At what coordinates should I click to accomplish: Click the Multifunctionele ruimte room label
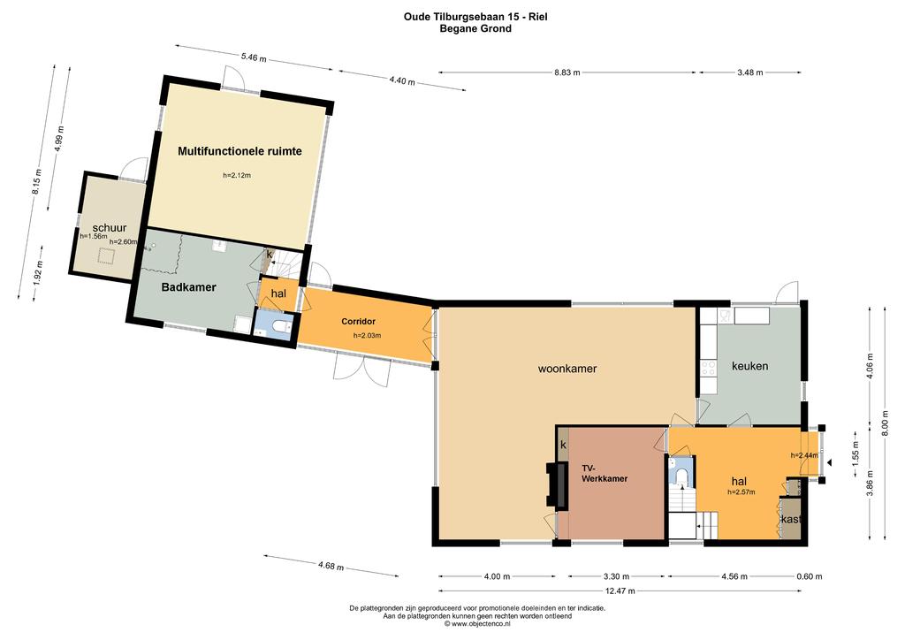coord(240,152)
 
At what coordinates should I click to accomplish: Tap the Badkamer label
coord(189,287)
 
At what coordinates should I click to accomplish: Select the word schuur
coord(109,228)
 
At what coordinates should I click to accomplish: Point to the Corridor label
coord(359,322)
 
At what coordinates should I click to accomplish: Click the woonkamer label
coord(567,369)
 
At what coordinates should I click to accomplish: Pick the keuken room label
coord(749,366)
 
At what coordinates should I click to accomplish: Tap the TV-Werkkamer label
coord(605,473)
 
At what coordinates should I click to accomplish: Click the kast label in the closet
coord(791,520)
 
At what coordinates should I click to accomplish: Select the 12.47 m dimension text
coord(620,591)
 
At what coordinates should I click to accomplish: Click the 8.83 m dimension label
coord(567,72)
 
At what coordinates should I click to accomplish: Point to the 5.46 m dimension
coord(254,57)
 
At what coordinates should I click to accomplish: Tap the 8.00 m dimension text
coord(885,423)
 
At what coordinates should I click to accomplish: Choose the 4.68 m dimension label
coord(331,566)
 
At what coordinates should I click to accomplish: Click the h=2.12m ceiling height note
coord(237,175)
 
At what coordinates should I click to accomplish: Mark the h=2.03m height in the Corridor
coord(367,335)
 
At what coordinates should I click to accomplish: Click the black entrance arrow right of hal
coord(829,462)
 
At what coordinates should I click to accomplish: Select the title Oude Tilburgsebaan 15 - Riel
coord(475,17)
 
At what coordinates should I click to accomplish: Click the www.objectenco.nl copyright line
coord(477,623)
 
